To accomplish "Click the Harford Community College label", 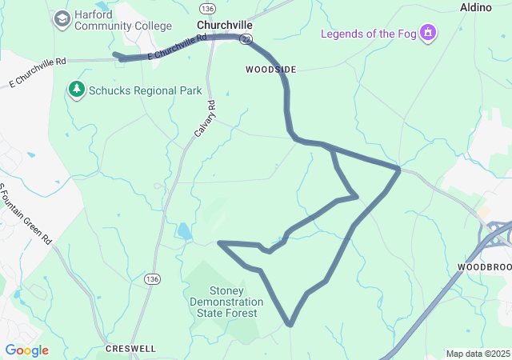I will (x=122, y=20).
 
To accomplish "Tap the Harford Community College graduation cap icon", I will (x=62, y=18).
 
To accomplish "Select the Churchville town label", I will (x=225, y=25).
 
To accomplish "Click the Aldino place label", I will (x=475, y=7).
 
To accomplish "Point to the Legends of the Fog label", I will (x=369, y=33).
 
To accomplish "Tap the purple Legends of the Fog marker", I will (x=429, y=33).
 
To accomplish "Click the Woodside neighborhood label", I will (x=270, y=70).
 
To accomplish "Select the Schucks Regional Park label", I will (x=146, y=90).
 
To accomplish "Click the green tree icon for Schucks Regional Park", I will (x=77, y=89).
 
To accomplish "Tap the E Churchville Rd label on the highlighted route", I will (x=176, y=47).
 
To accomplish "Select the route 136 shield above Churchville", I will (x=208, y=8).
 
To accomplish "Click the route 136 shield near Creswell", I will (x=152, y=278).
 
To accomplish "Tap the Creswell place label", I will (x=130, y=349).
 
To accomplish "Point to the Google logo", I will (x=26, y=350).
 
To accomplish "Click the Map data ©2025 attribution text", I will (x=478, y=354).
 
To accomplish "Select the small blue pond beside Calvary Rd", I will (x=184, y=232).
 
